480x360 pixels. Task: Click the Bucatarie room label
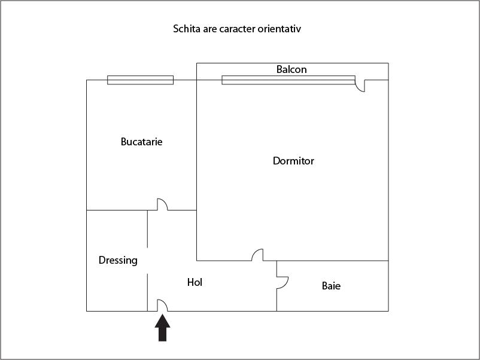click(141, 142)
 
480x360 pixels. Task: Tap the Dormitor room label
click(293, 161)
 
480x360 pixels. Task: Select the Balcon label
click(291, 69)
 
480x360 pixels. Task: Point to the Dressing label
click(118, 260)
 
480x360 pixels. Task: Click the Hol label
click(195, 282)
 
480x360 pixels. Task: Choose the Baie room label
click(331, 286)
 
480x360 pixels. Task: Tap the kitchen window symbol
click(140, 80)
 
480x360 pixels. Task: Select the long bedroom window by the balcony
click(288, 80)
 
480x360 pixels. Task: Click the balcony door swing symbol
click(360, 86)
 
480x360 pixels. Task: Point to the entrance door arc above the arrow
click(162, 305)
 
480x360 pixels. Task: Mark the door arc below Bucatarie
click(162, 205)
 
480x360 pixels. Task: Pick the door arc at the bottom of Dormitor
click(257, 255)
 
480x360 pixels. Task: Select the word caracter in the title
click(242, 29)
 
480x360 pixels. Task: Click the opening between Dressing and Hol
click(148, 261)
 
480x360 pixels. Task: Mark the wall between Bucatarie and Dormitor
click(197, 144)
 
